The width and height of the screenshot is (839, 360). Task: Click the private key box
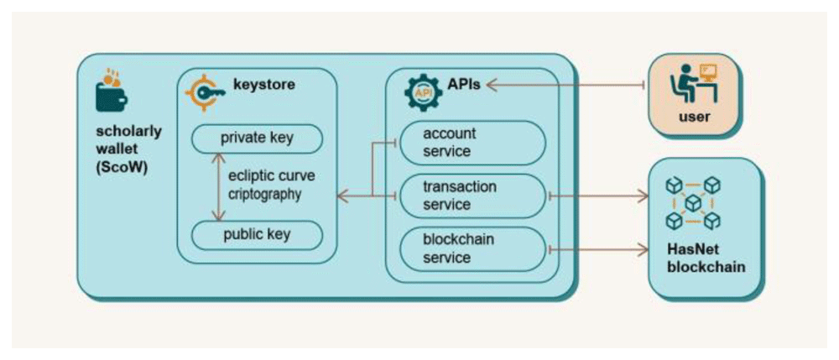click(x=257, y=138)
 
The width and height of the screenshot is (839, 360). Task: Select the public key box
click(x=257, y=235)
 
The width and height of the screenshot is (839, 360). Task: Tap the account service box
click(x=472, y=143)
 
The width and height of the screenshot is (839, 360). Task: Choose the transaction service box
click(x=472, y=196)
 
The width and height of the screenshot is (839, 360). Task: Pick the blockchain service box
click(x=472, y=248)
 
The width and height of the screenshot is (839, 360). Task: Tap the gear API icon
click(x=423, y=93)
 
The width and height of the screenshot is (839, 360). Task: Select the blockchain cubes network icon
click(x=693, y=203)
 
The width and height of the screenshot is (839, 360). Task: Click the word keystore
click(x=263, y=85)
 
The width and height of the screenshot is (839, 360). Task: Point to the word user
click(x=694, y=117)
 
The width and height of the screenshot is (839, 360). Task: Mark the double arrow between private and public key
click(x=217, y=186)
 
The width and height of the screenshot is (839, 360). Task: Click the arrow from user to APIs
click(x=567, y=85)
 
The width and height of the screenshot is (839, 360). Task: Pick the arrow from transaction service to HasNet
click(x=599, y=196)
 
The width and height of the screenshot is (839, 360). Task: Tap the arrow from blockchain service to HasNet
click(x=599, y=249)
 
